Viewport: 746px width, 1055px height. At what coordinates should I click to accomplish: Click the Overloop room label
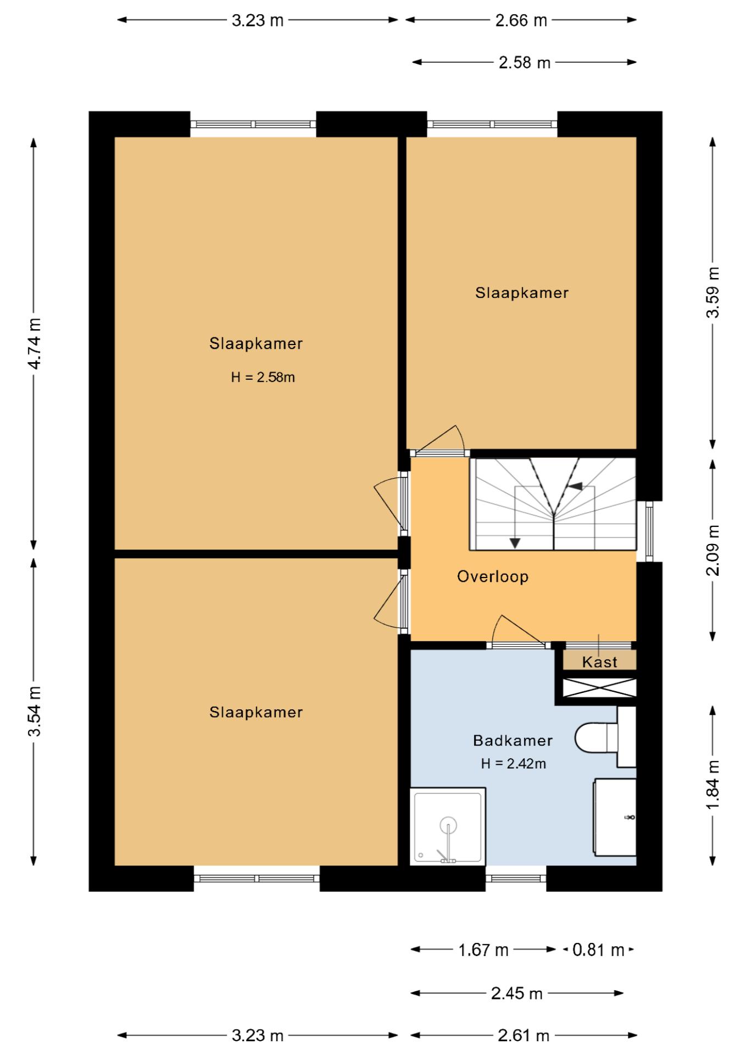[493, 576]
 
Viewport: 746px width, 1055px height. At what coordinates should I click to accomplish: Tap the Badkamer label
[513, 740]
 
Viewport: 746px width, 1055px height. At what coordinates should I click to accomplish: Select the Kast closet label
[599, 662]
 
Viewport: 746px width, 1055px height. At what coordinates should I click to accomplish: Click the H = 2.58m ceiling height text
[263, 377]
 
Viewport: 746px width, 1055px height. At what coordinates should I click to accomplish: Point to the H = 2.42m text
[513, 763]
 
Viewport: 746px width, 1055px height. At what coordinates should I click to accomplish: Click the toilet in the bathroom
[605, 737]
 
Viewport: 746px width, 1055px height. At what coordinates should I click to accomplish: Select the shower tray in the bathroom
[448, 826]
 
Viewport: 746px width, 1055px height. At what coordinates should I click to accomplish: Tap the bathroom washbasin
[614, 817]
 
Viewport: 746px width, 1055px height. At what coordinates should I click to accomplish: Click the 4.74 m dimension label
[34, 344]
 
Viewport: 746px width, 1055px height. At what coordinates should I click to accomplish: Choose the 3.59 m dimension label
[712, 292]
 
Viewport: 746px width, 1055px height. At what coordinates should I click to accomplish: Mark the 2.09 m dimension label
[712, 550]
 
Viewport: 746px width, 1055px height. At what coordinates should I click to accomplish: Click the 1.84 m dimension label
[712, 784]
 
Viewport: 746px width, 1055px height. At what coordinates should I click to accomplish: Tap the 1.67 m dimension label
[483, 949]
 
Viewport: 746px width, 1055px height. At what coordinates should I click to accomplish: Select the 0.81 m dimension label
[598, 949]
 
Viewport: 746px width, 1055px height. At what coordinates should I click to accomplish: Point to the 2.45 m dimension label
[517, 993]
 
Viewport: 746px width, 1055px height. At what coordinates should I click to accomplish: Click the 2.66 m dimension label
[521, 20]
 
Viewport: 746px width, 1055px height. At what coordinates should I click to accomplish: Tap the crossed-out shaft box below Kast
[600, 688]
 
